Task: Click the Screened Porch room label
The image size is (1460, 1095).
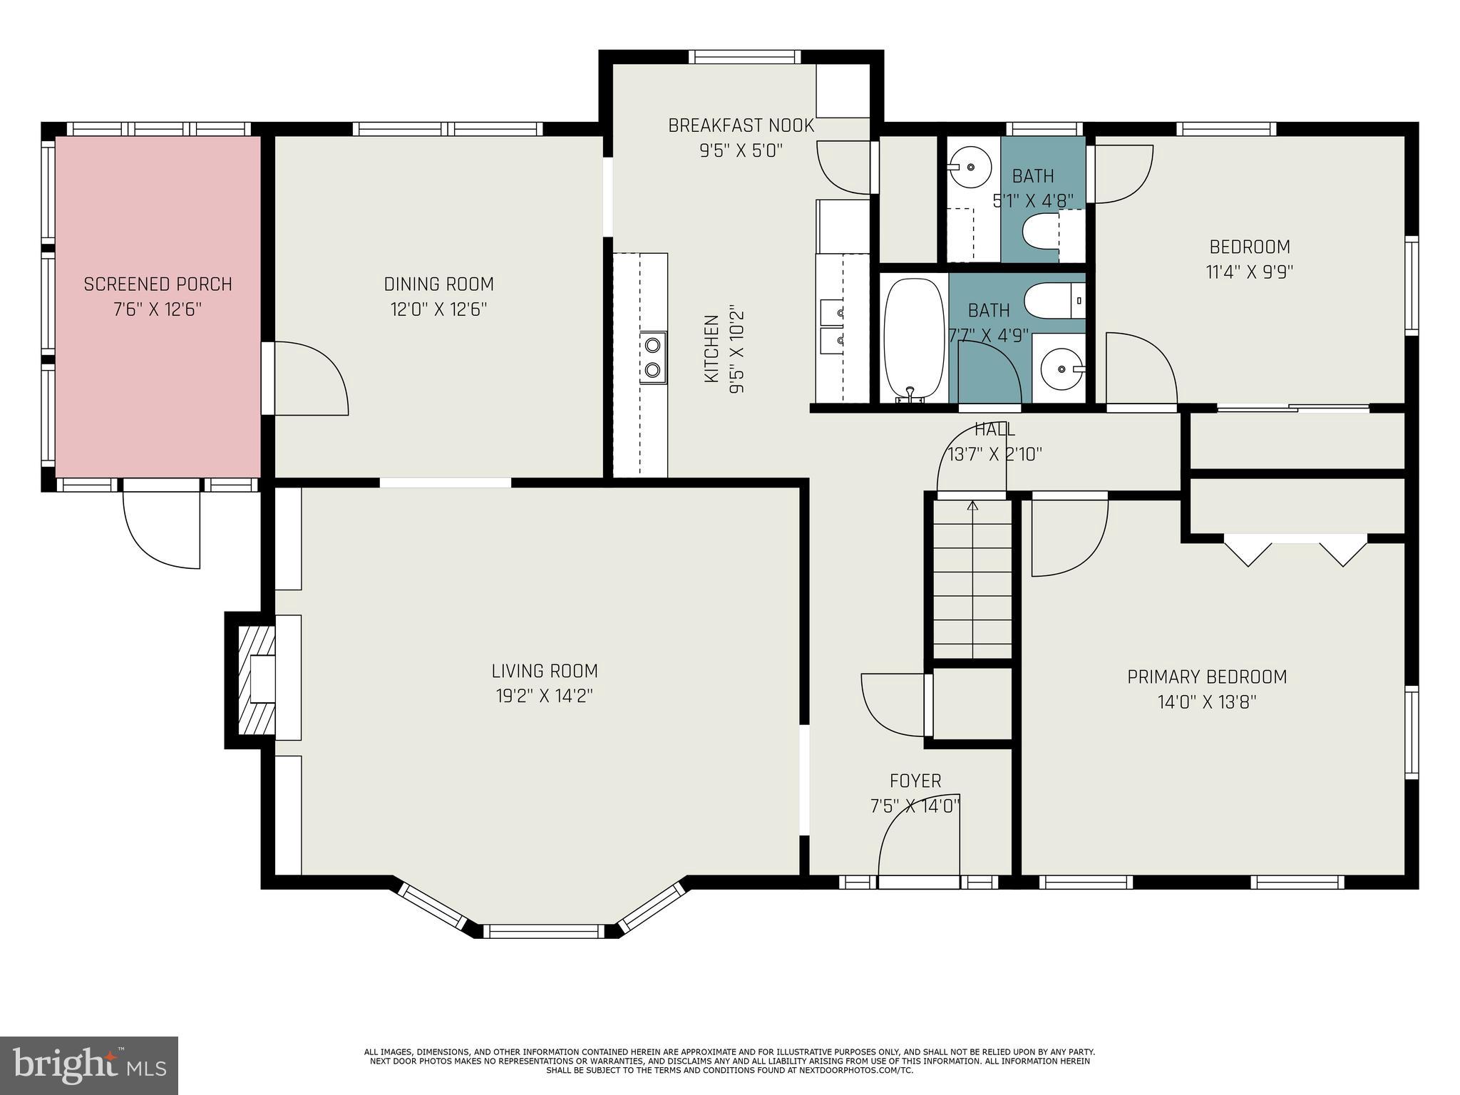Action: (158, 284)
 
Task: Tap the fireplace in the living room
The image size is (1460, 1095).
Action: (257, 680)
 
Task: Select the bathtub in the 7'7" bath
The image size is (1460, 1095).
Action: (912, 338)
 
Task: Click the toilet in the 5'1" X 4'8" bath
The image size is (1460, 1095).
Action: (1042, 232)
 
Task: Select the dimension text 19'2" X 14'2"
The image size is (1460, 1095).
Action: (545, 696)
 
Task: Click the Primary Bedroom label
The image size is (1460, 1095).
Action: (1207, 677)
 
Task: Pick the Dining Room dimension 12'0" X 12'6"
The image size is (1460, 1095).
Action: (438, 309)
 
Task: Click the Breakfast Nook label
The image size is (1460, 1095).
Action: (741, 125)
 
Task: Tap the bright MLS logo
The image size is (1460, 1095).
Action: (88, 1065)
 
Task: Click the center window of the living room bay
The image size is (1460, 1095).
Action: (544, 931)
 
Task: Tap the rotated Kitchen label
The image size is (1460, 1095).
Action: (711, 349)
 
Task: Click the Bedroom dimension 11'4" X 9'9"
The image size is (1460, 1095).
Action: (1250, 272)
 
